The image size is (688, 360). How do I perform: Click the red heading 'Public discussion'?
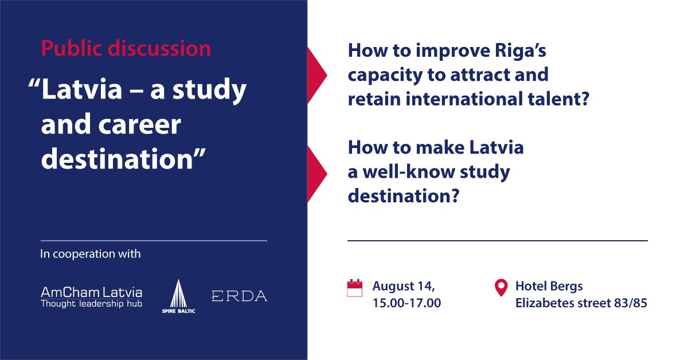coord(126,49)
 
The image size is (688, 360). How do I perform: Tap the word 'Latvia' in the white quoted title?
coord(81,89)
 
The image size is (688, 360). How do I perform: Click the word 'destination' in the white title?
coord(117,158)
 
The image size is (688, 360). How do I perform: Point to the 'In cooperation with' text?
coord(91,254)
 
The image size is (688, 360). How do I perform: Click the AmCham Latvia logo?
coord(91,297)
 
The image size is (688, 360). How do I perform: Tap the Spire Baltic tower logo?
coord(178,296)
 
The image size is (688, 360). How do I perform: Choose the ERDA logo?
coord(239,296)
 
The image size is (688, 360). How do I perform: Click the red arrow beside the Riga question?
coord(317,75)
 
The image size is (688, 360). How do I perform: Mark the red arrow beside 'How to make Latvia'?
coord(317,174)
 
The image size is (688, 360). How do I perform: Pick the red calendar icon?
coord(355,288)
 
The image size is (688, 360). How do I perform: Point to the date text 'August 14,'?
coord(404,286)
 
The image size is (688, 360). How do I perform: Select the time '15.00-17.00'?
coord(406,303)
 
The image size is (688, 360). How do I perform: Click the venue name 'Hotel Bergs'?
coord(549,286)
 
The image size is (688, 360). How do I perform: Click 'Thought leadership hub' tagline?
coord(91,304)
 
